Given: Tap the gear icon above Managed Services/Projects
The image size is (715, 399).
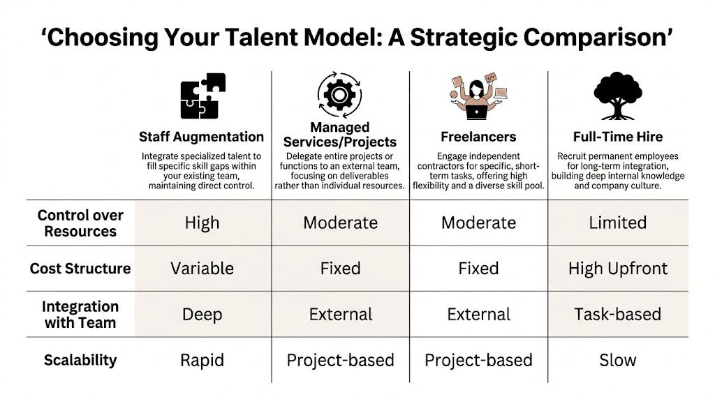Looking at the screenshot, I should click(339, 93).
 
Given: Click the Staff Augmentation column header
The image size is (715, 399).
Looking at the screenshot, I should click(201, 137).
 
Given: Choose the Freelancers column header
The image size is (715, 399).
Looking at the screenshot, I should click(478, 137).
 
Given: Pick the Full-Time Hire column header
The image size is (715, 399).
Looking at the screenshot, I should click(618, 137).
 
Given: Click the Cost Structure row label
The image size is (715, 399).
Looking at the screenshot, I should click(80, 269).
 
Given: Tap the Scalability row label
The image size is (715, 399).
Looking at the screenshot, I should click(80, 360).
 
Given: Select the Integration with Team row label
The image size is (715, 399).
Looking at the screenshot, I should click(80, 314).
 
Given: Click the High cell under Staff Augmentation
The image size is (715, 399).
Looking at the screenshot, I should click(202, 223).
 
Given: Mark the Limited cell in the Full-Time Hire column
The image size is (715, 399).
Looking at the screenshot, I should click(618, 223).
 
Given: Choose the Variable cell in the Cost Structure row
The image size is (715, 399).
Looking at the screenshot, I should click(202, 269).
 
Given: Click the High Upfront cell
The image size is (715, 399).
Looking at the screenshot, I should click(618, 269).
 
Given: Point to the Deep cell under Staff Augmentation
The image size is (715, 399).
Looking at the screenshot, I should click(202, 314).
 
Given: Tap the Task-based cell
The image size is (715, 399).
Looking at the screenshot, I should click(618, 314).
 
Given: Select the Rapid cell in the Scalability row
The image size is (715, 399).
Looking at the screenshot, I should click(202, 360).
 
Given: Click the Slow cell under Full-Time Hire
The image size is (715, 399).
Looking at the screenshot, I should click(618, 360).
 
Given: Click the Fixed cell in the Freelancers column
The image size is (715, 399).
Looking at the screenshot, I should click(478, 269).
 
